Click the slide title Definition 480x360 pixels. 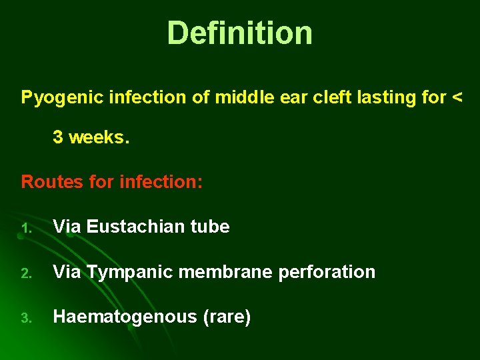(239, 33)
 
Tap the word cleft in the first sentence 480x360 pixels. (335, 97)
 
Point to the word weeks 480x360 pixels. (97, 137)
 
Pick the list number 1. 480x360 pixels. (25, 228)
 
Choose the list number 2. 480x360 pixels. (25, 273)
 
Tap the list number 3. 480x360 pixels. (25, 319)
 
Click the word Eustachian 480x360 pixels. (127, 227)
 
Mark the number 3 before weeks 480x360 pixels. (58, 137)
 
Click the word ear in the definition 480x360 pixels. (296, 97)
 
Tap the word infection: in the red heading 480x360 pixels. (161, 181)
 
